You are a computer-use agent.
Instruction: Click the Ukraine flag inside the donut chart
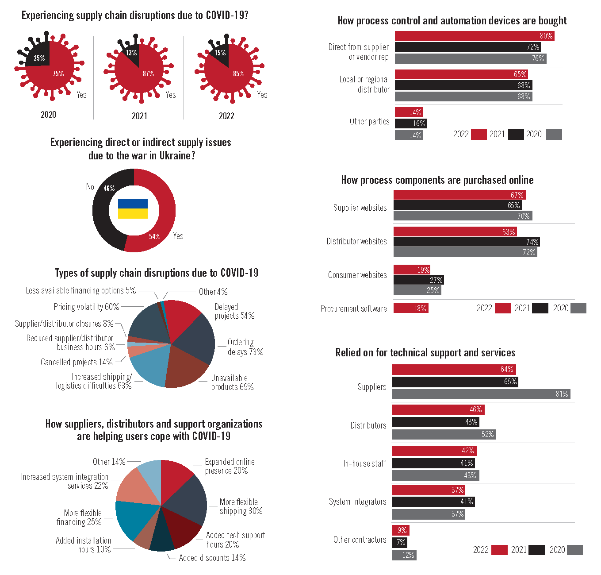133,208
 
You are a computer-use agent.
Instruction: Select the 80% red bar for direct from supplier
474,36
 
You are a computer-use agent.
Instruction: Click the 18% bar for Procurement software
411,309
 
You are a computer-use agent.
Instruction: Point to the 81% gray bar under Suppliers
481,394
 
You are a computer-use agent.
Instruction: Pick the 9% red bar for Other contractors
401,530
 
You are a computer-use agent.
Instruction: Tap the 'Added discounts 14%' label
212,558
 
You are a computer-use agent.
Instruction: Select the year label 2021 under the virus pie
139,116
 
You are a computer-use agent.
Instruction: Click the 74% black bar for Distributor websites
467,242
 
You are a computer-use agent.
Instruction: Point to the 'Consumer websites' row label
357,275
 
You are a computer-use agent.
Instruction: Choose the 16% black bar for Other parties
411,123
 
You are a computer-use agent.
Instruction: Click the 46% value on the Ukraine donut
109,189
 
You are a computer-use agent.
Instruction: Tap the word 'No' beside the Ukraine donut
90,187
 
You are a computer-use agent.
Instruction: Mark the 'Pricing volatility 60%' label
86,307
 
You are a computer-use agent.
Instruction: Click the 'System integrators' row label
357,502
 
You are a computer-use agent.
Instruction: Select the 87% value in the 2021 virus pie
149,73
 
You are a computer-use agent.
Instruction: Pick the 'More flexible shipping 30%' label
241,506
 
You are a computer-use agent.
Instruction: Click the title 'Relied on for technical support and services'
425,353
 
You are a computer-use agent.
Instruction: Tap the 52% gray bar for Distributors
444,435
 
